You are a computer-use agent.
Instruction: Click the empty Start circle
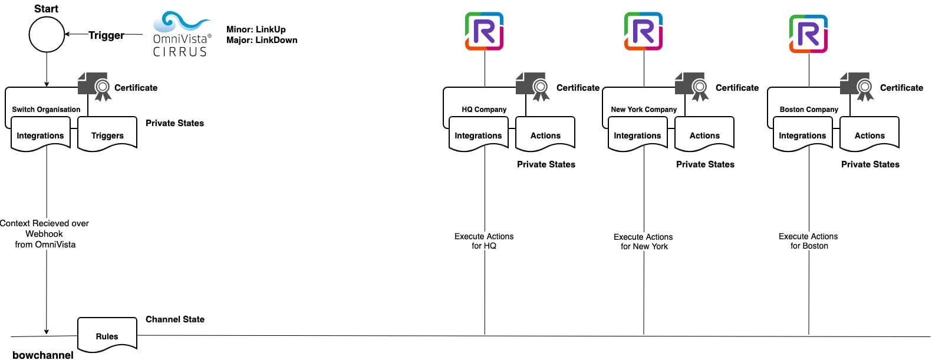[47, 34]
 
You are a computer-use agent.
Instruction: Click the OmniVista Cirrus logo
[181, 34]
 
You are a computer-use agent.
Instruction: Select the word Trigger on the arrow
[106, 35]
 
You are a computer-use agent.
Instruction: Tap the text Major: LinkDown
[262, 40]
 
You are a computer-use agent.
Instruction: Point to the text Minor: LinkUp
[256, 29]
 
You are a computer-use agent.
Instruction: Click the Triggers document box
[107, 135]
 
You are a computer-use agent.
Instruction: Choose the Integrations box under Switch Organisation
[40, 135]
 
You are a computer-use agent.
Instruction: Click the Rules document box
[107, 335]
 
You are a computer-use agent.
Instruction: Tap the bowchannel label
[43, 355]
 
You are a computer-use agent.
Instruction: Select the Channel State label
[175, 319]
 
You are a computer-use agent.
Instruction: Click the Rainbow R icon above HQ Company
[484, 31]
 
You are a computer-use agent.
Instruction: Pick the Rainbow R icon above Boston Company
[808, 34]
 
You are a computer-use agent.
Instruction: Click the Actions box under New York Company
[704, 135]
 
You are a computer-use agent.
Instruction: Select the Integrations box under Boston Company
[802, 135]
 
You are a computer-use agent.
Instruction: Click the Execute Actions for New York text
[643, 242]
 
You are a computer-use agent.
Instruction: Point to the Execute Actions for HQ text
[484, 241]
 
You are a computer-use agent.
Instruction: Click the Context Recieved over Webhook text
[45, 233]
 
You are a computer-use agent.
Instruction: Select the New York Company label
[644, 109]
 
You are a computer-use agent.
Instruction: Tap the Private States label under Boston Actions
[870, 164]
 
